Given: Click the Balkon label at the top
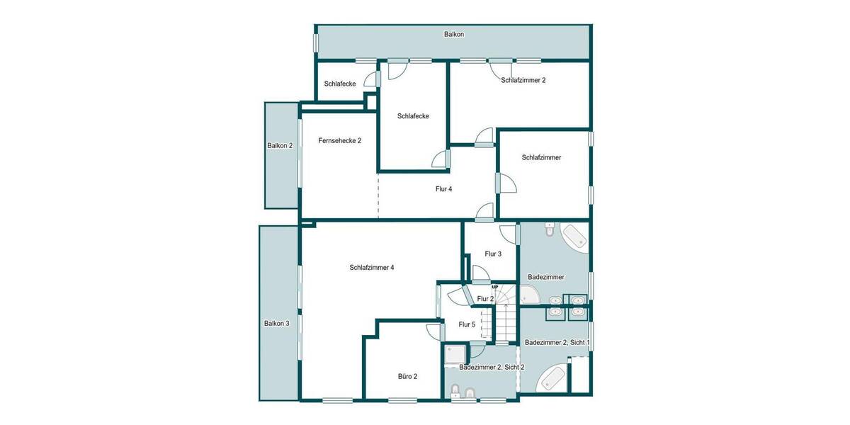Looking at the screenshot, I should (x=454, y=34).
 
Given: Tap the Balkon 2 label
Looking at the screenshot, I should (x=280, y=146).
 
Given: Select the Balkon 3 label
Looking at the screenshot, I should (x=277, y=324).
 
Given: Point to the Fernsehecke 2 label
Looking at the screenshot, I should (x=340, y=141).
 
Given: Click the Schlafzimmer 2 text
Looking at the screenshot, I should (x=523, y=81).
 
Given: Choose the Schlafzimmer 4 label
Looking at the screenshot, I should (x=371, y=268).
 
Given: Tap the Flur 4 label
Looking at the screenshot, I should (x=443, y=189).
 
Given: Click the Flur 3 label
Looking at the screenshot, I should (x=493, y=254).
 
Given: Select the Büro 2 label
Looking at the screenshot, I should (x=407, y=376).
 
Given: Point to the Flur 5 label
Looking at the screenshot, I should (x=467, y=324).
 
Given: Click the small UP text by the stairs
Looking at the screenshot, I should (x=504, y=287).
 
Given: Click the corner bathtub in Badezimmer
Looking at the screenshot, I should (x=574, y=237).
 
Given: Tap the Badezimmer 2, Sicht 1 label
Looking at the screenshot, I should (x=557, y=343).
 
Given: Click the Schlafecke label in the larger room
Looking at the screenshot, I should (x=413, y=116).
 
